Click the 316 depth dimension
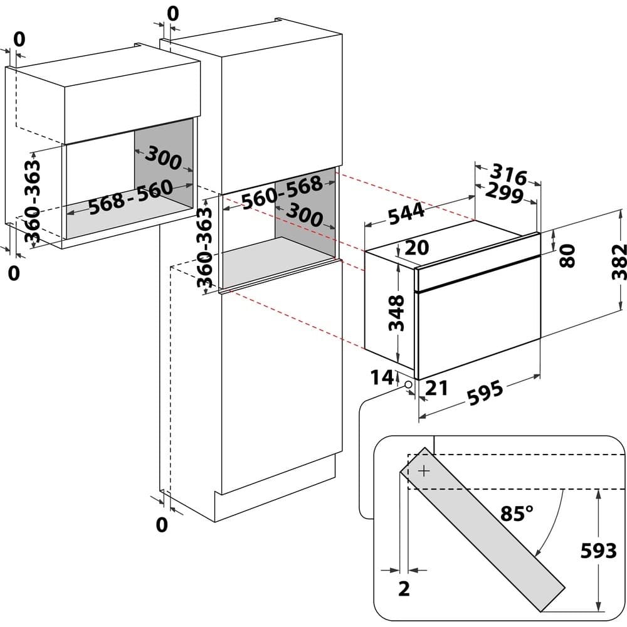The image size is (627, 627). coord(508,173)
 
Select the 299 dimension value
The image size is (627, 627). coord(503,194)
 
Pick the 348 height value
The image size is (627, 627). coord(398,313)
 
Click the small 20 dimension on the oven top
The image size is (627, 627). coord(416,248)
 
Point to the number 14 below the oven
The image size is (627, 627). coord(382,377)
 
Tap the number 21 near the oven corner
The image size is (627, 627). coord(436,388)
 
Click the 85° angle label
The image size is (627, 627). coord(517,514)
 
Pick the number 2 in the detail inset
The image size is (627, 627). coord(404,589)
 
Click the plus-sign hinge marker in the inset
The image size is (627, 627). coord(424,470)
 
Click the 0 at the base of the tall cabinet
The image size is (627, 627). coord(162,525)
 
